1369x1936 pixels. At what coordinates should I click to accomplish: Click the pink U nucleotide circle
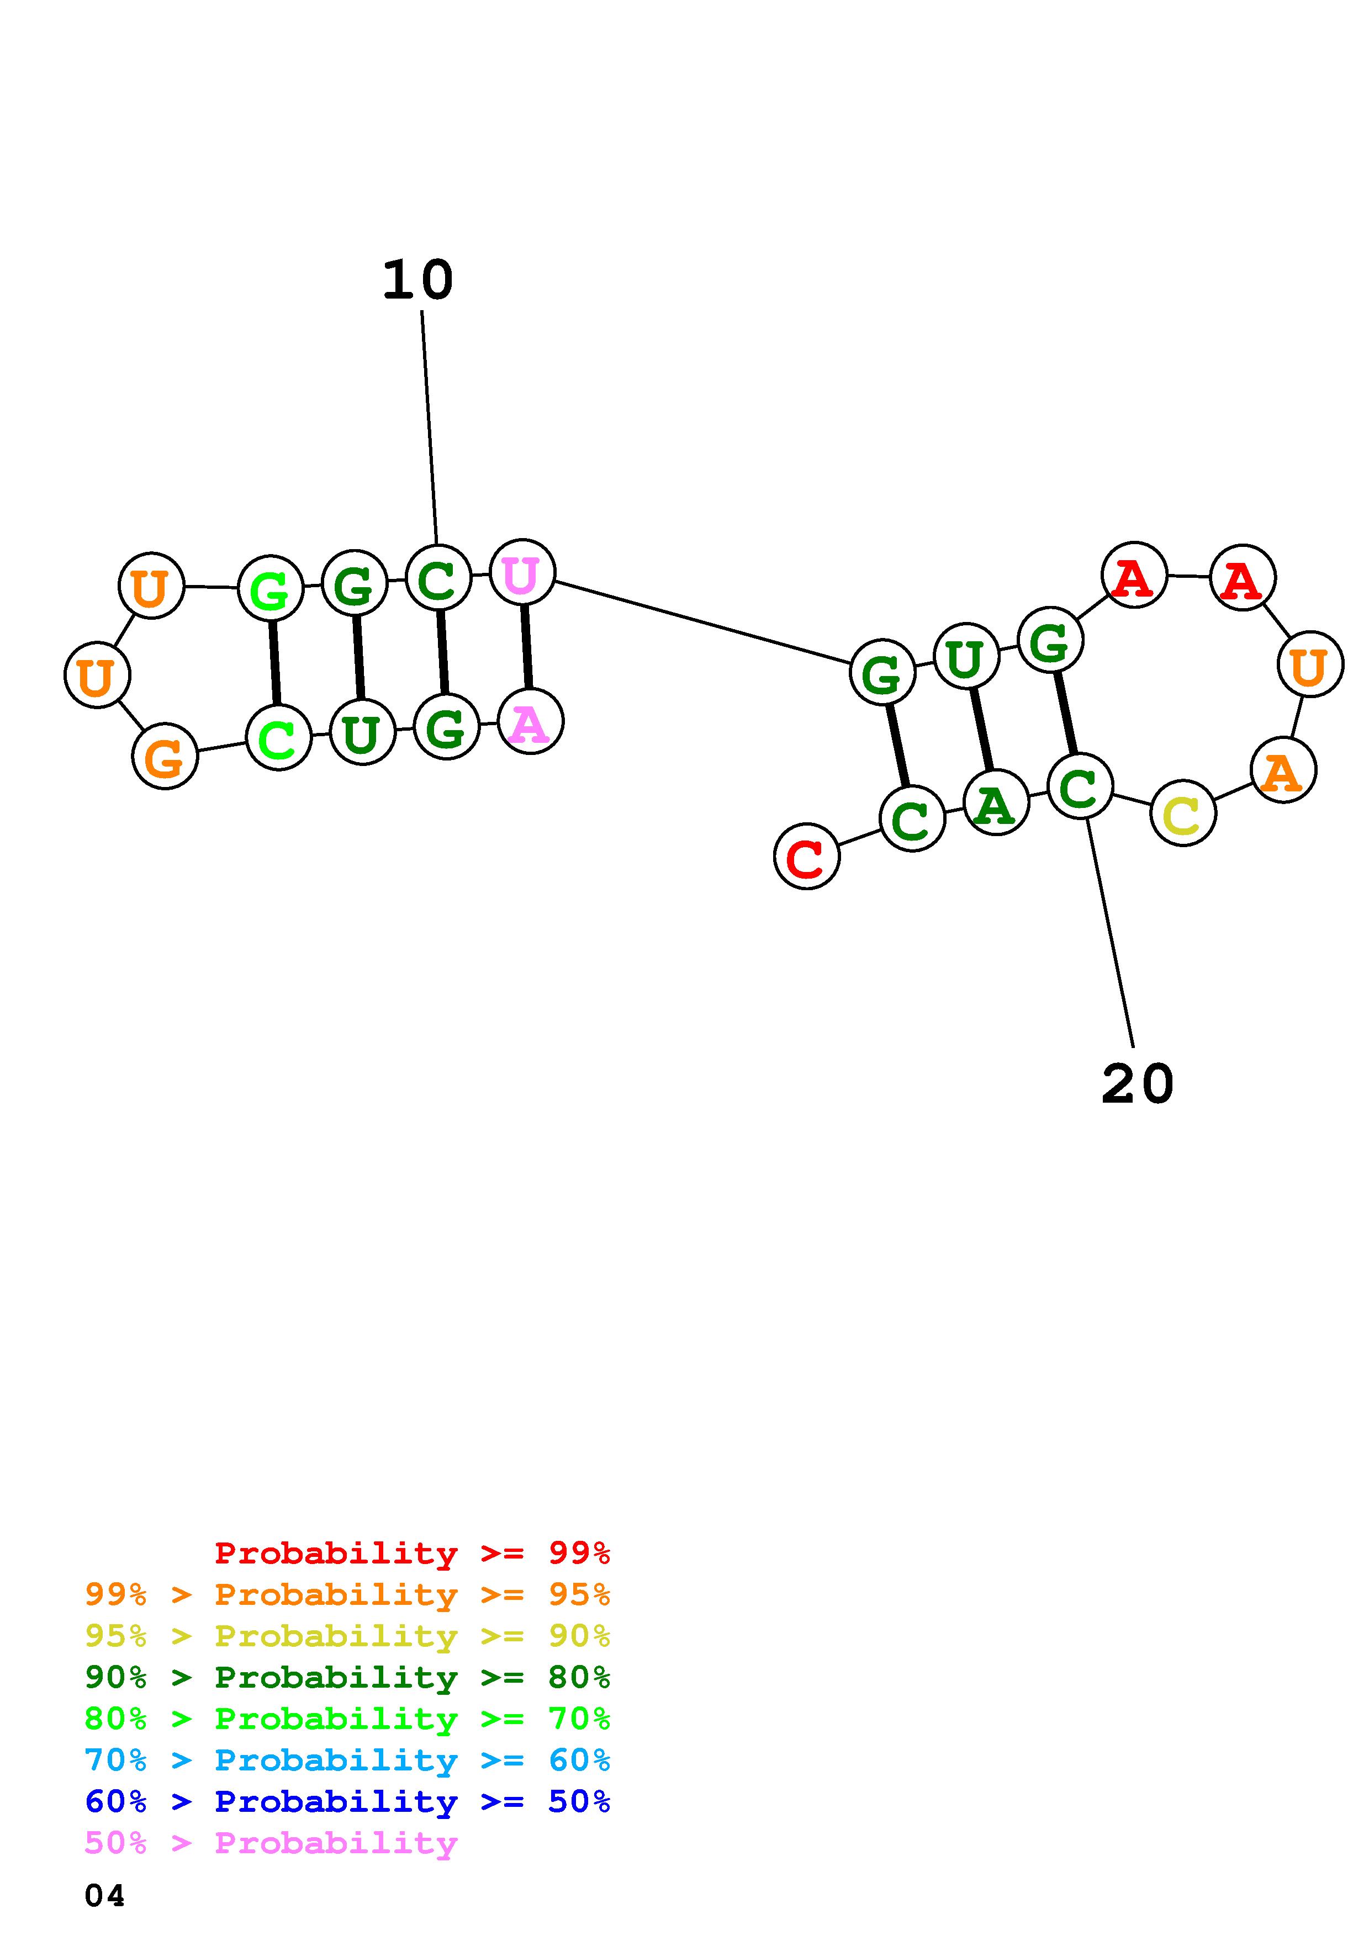coord(522,572)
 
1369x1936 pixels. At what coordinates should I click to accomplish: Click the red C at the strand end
coord(806,856)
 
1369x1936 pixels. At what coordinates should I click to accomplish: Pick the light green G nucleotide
coord(270,588)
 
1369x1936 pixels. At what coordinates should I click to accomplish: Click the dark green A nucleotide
coord(995,803)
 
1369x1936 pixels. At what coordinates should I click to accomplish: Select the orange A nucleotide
coord(1283,770)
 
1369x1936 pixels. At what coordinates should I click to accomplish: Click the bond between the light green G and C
coord(274,663)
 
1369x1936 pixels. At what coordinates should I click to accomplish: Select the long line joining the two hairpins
coord(702,623)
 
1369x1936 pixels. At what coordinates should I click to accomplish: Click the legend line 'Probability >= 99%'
coord(411,1553)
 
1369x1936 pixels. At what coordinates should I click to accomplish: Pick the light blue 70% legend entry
coord(347,1761)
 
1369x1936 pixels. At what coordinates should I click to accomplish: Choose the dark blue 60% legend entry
coord(347,1802)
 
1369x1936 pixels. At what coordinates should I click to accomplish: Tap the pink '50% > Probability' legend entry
coord(271,1843)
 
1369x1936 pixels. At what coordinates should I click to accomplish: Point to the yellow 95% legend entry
coord(347,1636)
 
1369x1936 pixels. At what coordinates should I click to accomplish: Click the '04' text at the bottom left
coord(104,1896)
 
